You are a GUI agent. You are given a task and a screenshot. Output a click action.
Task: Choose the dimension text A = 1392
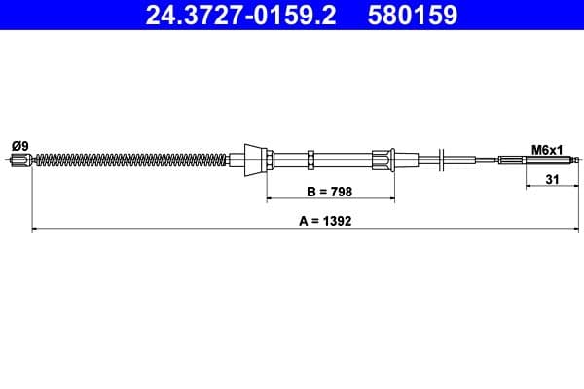325,220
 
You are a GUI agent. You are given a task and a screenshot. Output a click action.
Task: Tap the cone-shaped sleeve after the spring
252,159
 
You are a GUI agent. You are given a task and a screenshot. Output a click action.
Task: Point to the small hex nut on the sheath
309,159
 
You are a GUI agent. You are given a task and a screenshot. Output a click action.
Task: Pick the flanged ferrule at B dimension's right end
384,159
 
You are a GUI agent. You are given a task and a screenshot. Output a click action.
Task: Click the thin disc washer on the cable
443,159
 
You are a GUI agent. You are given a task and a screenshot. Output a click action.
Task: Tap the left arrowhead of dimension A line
36,230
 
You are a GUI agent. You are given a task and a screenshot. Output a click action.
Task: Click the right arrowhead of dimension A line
576,230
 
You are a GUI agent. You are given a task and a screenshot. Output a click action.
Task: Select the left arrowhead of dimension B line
271,198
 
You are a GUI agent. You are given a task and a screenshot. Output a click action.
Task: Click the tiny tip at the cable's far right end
578,160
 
